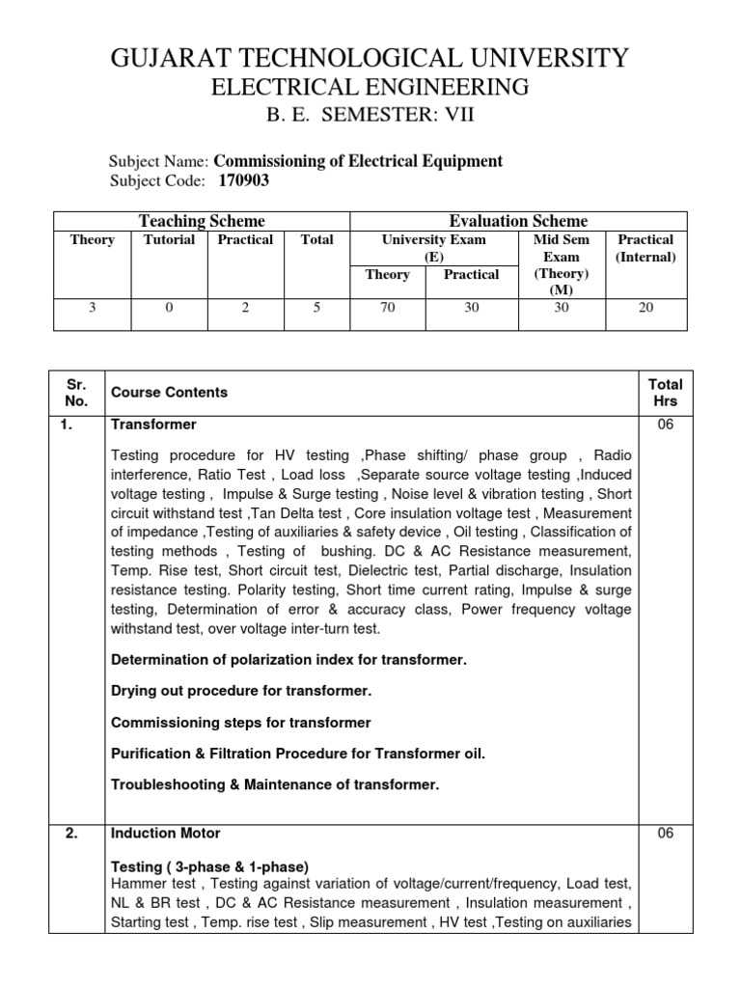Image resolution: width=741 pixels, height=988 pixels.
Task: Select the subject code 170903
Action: coord(236,180)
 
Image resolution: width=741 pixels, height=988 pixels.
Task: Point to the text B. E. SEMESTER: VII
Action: coord(370,118)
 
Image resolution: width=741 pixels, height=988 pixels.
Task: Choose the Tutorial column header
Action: coord(169,239)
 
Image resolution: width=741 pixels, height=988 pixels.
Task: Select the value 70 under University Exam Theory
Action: coord(387,308)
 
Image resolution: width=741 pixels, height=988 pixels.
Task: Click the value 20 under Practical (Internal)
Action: coord(645,308)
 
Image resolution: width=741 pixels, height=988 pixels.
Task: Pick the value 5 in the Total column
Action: coord(316,308)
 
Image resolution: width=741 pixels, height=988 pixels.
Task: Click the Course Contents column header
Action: coord(170,393)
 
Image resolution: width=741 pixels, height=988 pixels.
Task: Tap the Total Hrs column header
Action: coord(665,393)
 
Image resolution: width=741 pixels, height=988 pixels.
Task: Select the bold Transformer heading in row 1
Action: coord(154,425)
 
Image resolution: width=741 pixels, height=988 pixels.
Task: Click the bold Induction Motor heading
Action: coord(166,833)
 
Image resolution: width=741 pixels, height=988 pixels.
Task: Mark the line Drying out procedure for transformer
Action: coord(241,691)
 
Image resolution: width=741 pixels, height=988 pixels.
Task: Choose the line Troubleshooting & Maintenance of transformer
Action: coord(275,784)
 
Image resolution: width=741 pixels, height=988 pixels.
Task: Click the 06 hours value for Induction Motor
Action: coord(665,833)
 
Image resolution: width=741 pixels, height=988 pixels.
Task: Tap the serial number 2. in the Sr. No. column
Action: coord(72,833)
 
